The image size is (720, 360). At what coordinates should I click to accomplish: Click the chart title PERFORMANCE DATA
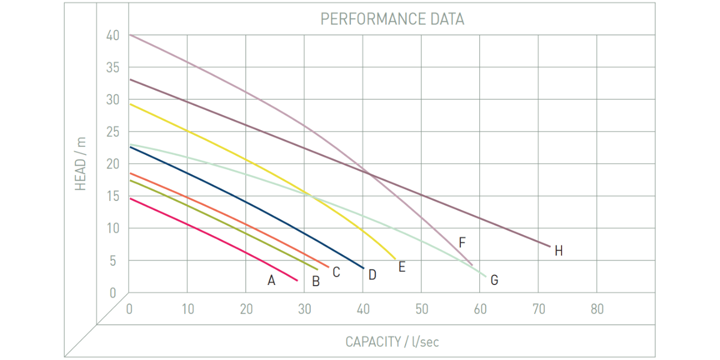coord(392,19)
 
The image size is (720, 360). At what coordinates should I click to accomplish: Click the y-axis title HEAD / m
coord(81,164)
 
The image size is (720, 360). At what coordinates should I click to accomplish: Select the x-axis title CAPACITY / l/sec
coord(392,342)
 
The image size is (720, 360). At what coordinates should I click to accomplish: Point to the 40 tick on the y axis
coord(113,35)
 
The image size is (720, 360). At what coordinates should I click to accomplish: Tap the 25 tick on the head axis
coord(113,132)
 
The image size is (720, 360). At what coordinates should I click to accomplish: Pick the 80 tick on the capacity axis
coord(596,310)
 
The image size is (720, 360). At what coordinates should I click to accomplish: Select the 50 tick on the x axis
coord(421,310)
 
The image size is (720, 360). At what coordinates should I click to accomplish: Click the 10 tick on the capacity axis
coord(187,310)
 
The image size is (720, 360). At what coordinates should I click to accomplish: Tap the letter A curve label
coord(271,280)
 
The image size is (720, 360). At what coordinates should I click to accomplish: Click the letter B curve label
coord(316,280)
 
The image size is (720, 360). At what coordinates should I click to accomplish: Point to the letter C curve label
coord(336,272)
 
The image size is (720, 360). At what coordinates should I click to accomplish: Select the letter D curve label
coord(372,275)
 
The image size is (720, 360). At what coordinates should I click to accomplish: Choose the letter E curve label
coord(402,267)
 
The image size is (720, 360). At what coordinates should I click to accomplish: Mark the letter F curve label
coord(462,243)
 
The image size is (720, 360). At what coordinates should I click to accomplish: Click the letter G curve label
coord(494,280)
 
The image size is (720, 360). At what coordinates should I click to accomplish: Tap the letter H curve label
coord(559,251)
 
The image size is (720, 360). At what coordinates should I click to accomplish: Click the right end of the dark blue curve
coord(364,268)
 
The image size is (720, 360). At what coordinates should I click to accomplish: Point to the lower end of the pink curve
coord(297,280)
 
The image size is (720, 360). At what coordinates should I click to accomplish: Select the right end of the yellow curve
coord(395,259)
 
